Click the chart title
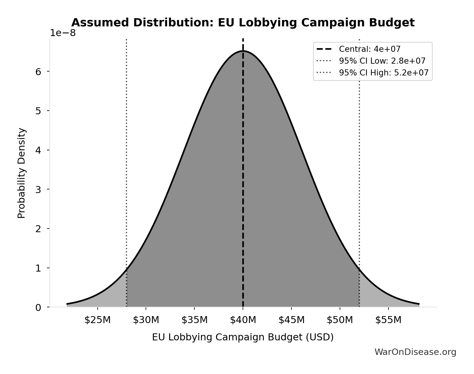coord(243,23)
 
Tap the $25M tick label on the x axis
coord(97,320)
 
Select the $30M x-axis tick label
coord(146,320)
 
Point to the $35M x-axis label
coord(194,320)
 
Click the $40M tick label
coord(243,320)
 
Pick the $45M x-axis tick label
coord(291,320)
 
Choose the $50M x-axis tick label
coord(340,320)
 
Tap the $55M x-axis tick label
coord(388,320)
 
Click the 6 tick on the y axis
coord(38,72)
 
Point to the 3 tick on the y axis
coord(38,190)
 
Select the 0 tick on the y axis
coord(38,308)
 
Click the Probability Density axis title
coord(22,173)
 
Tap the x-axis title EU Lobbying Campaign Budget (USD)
coord(243,337)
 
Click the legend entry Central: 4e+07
coord(369,49)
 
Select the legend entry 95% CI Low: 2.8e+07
coord(382,61)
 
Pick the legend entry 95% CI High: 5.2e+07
coord(383,73)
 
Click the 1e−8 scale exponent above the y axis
coord(63,33)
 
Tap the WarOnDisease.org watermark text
coord(415,352)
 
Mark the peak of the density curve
coord(243,51)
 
